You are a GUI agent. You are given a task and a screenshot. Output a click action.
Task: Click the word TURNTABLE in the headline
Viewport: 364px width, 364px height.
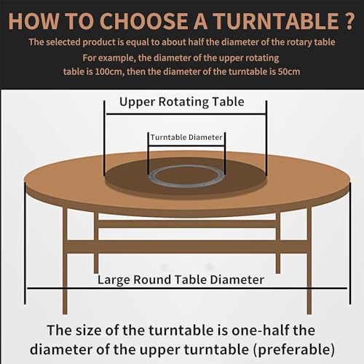pyautogui.click(x=277, y=21)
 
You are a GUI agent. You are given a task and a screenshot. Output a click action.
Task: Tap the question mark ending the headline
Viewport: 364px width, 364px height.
pyautogui.click(x=349, y=21)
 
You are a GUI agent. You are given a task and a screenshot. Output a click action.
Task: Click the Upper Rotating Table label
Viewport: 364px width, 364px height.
pyautogui.click(x=182, y=102)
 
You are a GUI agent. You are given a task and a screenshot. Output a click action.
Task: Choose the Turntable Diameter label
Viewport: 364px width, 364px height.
pyautogui.click(x=186, y=138)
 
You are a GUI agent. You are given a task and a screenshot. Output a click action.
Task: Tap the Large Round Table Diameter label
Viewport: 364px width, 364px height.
pyautogui.click(x=181, y=280)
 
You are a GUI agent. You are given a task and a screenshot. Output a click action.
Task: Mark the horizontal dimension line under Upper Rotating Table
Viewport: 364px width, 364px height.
pyautogui.click(x=186, y=114)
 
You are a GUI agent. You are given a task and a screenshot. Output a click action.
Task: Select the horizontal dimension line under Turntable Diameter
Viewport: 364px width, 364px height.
pyautogui.click(x=186, y=146)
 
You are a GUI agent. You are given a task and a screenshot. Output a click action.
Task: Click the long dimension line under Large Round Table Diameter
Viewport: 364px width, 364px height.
pyautogui.click(x=187, y=288)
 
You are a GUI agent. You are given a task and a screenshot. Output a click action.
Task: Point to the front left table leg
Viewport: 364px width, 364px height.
pyautogui.click(x=65, y=261)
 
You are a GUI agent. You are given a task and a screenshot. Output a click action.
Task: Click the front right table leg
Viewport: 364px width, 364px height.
pyautogui.click(x=309, y=261)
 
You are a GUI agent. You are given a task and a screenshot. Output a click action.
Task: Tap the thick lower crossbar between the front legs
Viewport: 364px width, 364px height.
pyautogui.click(x=187, y=247)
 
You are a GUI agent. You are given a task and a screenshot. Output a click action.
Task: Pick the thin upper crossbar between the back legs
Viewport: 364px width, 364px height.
pyautogui.click(x=187, y=224)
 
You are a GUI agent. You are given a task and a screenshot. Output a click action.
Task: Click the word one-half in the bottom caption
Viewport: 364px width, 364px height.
pyautogui.click(x=260, y=331)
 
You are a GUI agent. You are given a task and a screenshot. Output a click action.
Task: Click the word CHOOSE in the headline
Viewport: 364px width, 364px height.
pyautogui.click(x=143, y=21)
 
